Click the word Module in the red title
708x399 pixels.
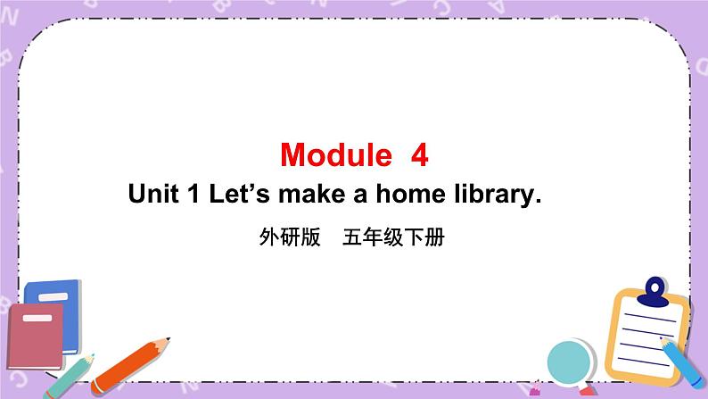(x=335, y=155)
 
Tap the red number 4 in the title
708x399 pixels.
(x=419, y=155)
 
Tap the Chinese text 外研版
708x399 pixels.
(x=288, y=238)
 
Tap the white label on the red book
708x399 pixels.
(x=30, y=318)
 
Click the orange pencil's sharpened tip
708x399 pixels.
(x=164, y=341)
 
